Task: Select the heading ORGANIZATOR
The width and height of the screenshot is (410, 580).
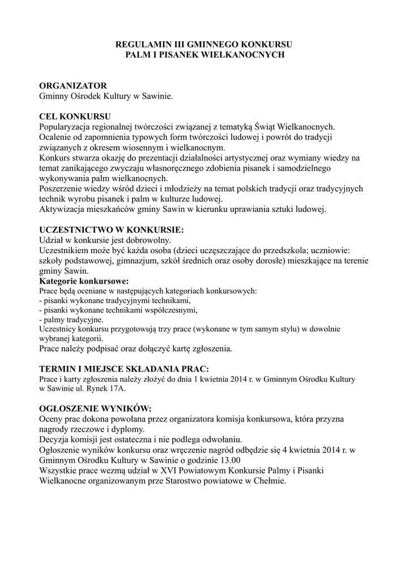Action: pos(72,86)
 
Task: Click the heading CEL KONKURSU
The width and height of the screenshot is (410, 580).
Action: pos(75,116)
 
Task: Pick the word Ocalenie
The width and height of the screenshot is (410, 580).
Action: pos(55,137)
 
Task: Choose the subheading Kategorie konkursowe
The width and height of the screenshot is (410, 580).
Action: pos(84,281)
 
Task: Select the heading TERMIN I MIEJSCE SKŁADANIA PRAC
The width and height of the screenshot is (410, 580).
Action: pos(124,368)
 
